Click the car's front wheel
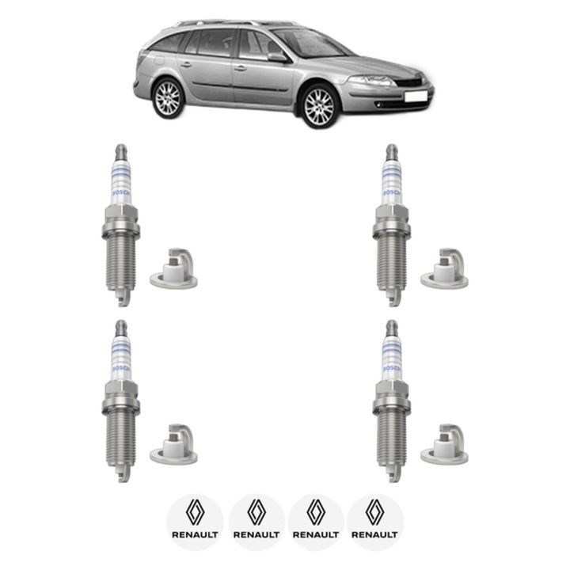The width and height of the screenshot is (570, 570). [319, 106]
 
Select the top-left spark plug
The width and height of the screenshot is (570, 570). [120, 226]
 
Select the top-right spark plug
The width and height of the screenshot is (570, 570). [390, 226]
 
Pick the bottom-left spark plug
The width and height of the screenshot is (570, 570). [120, 401]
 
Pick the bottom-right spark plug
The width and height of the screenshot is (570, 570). [390, 401]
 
